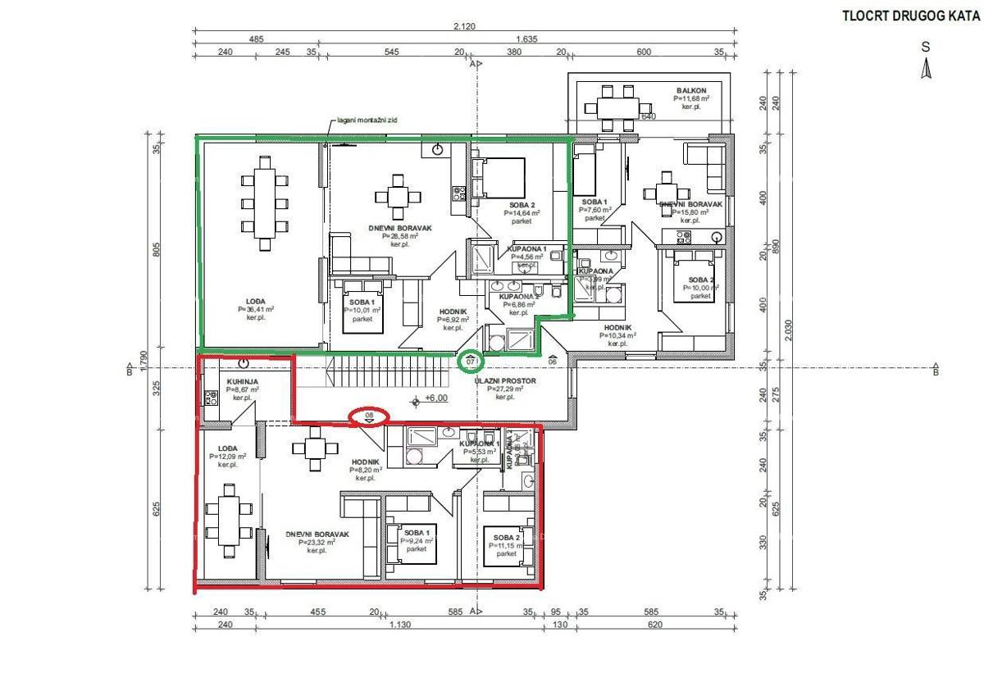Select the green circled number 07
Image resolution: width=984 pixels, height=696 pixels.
[x=471, y=361]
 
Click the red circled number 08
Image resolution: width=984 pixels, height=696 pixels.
[x=369, y=416]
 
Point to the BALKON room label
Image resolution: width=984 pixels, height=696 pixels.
[x=691, y=91]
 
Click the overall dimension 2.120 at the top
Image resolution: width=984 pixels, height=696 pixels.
[x=464, y=26]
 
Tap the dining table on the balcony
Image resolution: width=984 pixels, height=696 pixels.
[x=618, y=107]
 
